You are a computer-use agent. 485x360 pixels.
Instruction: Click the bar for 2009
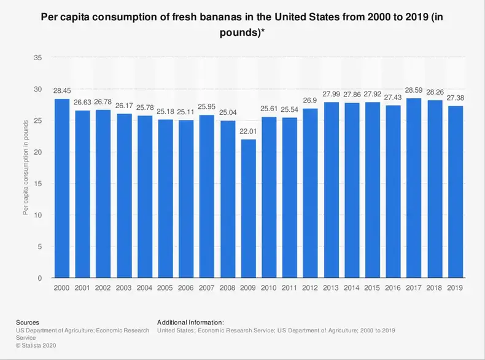tap(249, 209)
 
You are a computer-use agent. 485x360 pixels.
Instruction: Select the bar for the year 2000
tap(61, 189)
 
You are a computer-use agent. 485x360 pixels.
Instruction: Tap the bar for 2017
tap(414, 188)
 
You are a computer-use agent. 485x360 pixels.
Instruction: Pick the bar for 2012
tap(311, 194)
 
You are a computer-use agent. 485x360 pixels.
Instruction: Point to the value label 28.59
tap(414, 92)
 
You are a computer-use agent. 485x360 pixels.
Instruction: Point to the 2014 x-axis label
tap(352, 287)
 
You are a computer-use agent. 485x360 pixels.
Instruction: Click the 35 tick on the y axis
tap(38, 58)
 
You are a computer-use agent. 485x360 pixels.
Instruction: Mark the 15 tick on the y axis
tap(38, 184)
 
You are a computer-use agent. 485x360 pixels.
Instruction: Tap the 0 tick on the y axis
tap(40, 278)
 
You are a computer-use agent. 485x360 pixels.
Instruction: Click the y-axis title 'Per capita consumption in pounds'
tap(26, 168)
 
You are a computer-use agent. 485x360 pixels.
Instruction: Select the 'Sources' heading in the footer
tap(28, 322)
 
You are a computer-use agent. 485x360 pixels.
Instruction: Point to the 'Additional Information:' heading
tap(190, 322)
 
